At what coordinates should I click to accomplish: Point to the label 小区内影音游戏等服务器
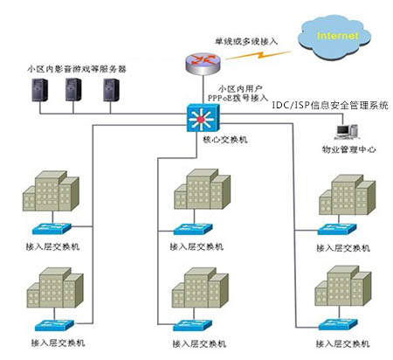click(78, 66)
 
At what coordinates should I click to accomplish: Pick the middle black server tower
click(76, 90)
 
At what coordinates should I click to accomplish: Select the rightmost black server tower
click(111, 90)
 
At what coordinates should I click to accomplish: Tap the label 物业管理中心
click(349, 149)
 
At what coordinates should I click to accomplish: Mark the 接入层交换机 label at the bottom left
click(57, 343)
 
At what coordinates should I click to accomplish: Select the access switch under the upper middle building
click(196, 230)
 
